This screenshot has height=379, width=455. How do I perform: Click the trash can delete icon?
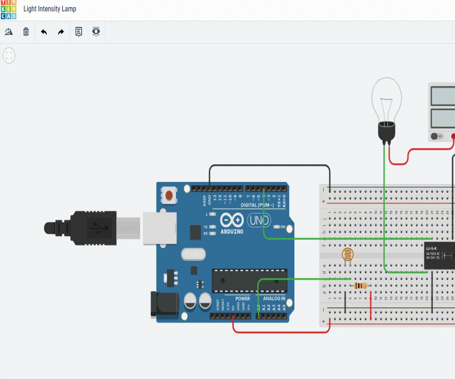coord(26,32)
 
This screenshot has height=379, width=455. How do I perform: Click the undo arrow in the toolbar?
coord(44,32)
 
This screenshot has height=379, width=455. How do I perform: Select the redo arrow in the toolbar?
coord(61,32)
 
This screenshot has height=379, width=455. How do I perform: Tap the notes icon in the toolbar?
coord(78,32)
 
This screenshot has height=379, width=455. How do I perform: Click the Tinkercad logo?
coord(8,9)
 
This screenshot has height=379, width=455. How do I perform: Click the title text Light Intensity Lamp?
coord(50,9)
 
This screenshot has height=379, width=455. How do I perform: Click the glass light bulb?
coord(387,103)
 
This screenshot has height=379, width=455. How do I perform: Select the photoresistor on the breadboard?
coord(347,254)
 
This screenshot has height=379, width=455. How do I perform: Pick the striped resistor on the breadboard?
coord(361,286)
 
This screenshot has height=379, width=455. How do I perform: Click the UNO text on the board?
coord(259,220)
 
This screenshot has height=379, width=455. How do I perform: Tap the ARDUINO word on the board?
coord(232,232)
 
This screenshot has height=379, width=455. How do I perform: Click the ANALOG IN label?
coord(274,299)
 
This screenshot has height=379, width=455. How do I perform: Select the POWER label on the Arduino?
coord(243,299)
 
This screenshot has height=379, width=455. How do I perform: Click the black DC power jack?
coord(165,304)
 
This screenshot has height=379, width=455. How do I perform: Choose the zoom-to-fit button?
coord(9,56)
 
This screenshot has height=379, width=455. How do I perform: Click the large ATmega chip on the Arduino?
coord(250,280)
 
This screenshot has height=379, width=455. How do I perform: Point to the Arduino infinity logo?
coord(232,220)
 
